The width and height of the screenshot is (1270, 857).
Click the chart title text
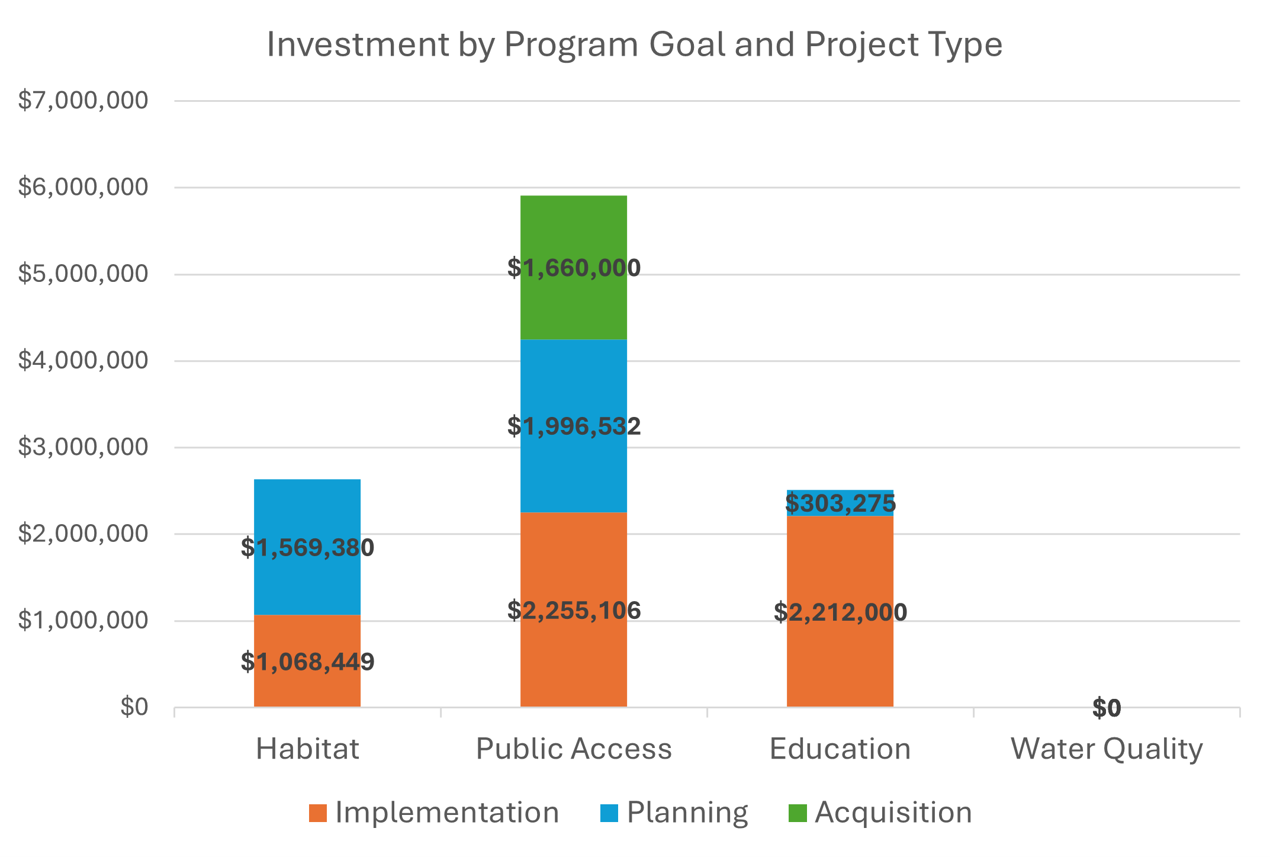point(634,44)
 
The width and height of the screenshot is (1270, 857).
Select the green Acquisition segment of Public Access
point(573,231)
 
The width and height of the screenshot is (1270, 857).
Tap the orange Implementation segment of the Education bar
point(840,657)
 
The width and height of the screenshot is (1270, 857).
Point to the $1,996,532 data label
point(573,426)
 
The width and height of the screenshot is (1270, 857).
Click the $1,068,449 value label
point(307,662)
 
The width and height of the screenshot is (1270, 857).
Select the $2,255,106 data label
point(573,610)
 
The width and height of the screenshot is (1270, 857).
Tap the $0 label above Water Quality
point(1106,708)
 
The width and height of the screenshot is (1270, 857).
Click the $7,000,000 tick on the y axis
point(83,101)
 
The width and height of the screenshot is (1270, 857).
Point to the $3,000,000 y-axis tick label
point(83,447)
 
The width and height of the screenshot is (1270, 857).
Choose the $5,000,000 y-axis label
point(83,274)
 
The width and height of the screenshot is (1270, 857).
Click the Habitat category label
point(307,749)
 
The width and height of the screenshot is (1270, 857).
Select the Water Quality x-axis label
point(1106,749)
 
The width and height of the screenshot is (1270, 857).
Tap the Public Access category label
point(573,749)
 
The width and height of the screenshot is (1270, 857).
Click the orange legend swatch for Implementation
point(317,813)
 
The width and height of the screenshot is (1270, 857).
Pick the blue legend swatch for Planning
point(609,813)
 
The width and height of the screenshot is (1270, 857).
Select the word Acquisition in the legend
point(893,813)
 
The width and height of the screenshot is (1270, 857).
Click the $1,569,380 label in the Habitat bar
point(307,548)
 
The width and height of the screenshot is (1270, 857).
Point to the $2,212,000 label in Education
point(840,612)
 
